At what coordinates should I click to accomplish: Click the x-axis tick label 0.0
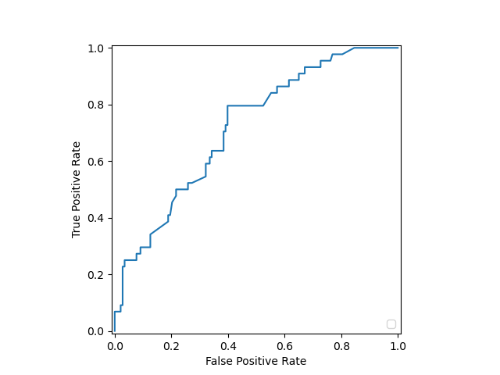point(115,345)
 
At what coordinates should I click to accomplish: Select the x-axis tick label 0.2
point(171,345)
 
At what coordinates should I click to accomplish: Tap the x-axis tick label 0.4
point(228,345)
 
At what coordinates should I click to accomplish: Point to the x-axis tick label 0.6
point(284,345)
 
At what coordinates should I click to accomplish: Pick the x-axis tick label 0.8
point(341,345)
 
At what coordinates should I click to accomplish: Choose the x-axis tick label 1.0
point(398,345)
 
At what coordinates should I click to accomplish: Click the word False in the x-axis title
point(219,361)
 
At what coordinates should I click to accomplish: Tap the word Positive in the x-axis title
point(257,361)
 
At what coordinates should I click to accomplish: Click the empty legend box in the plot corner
point(391,324)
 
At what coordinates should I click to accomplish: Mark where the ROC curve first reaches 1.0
point(355,48)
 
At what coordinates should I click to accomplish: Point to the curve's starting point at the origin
point(115,331)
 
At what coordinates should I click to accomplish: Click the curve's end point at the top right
point(398,48)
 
